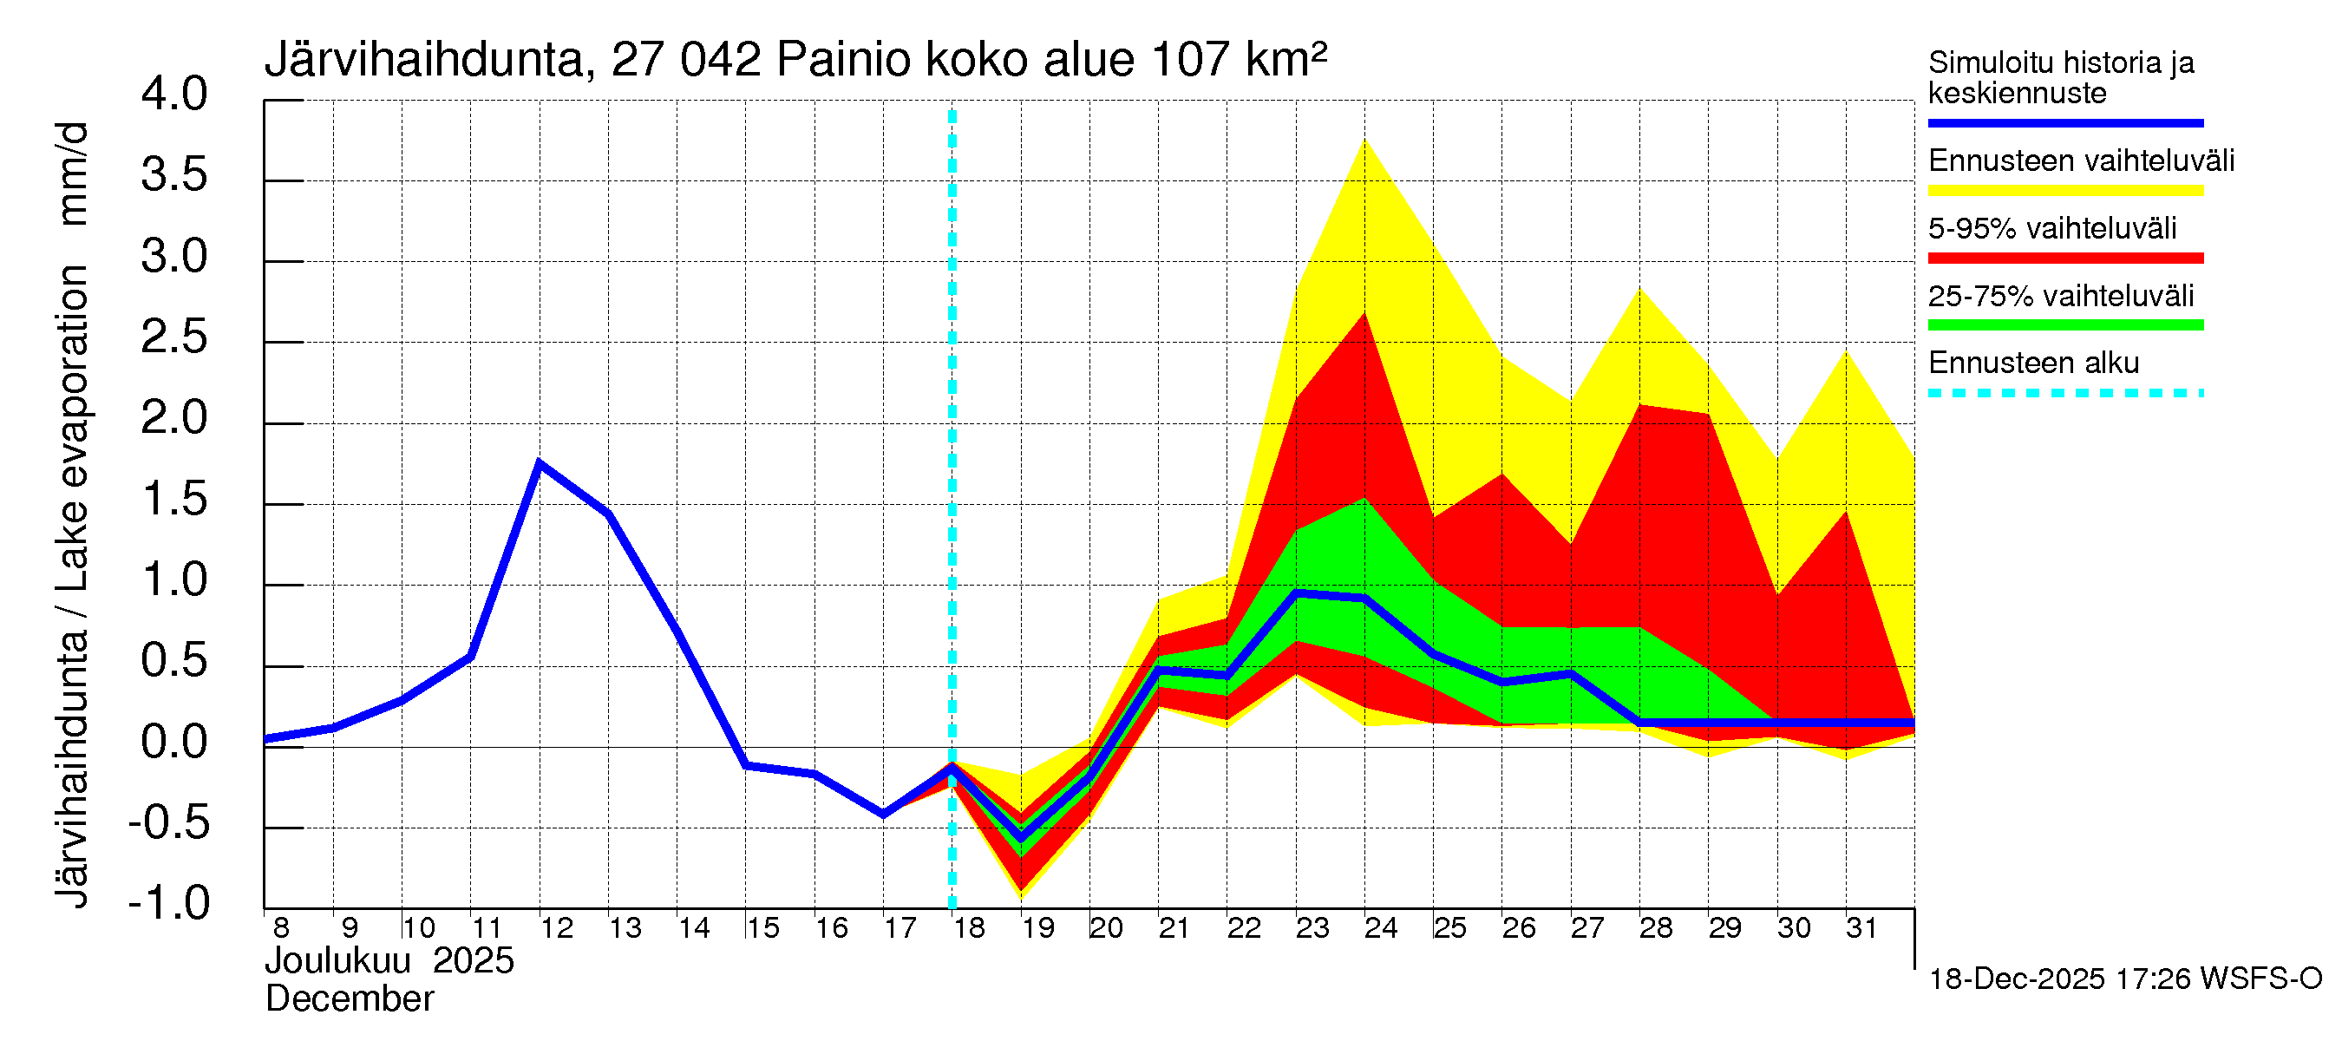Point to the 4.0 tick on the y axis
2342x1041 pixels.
(x=174, y=95)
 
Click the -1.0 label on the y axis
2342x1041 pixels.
(x=169, y=903)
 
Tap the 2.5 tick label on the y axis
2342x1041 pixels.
(x=174, y=337)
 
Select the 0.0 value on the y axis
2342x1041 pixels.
(x=174, y=742)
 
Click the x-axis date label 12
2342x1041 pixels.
(x=556, y=928)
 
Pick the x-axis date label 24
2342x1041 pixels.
(x=1380, y=928)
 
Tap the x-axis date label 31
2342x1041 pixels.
(x=1861, y=928)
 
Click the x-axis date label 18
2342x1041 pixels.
(x=969, y=928)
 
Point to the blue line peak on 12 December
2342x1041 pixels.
(x=540, y=463)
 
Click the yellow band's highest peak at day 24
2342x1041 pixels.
(x=1364, y=139)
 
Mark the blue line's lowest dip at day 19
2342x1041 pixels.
(x=1021, y=836)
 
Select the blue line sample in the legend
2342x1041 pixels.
(x=2064, y=122)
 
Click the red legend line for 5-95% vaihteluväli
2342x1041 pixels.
(x=2064, y=259)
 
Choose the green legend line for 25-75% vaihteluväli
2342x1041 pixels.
(x=2064, y=325)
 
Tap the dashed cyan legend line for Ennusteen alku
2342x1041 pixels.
(x=2064, y=393)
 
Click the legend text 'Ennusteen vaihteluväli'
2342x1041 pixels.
(x=2081, y=161)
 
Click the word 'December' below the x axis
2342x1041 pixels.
(x=349, y=999)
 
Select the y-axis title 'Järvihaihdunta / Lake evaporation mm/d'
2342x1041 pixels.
(x=73, y=514)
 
